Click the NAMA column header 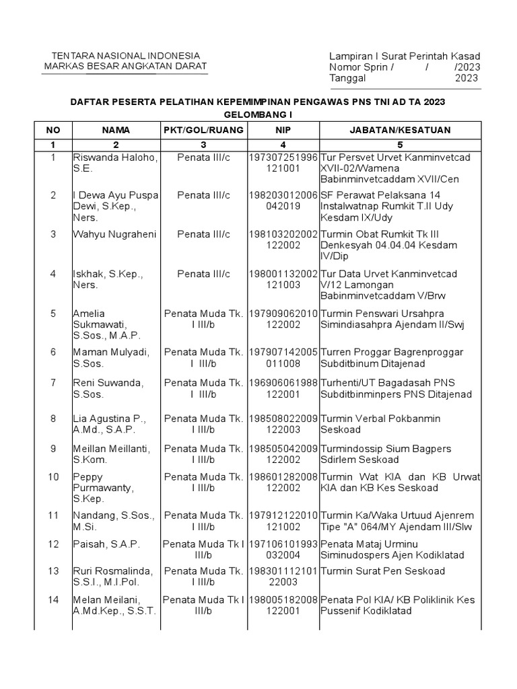point(116,130)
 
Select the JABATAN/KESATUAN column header point(401,130)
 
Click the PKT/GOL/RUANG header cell point(203,130)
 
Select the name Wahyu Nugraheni point(114,234)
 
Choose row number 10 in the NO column point(53,477)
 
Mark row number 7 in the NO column point(53,383)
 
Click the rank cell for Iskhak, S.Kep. point(203,274)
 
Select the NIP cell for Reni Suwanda point(283,388)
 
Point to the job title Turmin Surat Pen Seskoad point(382,571)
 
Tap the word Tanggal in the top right point(347,78)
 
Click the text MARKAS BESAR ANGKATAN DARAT point(126,67)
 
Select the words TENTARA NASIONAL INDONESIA point(126,55)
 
